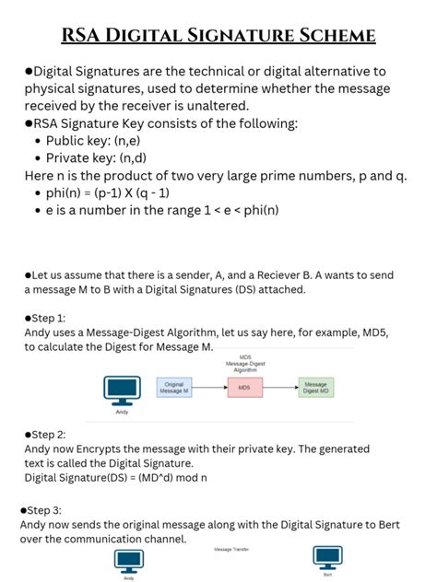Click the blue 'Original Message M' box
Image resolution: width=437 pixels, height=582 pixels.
pos(174,389)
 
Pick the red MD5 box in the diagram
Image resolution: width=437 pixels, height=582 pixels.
pos(244,389)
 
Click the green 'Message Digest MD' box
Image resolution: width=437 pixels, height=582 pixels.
pos(315,389)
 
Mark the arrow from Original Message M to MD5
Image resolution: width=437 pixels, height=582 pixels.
pos(209,389)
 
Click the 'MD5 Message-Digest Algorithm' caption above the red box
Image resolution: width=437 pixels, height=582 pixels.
pos(244,362)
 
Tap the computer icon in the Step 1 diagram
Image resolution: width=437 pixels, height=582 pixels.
pos(122,390)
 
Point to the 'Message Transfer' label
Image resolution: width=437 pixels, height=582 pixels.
pos(231,549)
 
